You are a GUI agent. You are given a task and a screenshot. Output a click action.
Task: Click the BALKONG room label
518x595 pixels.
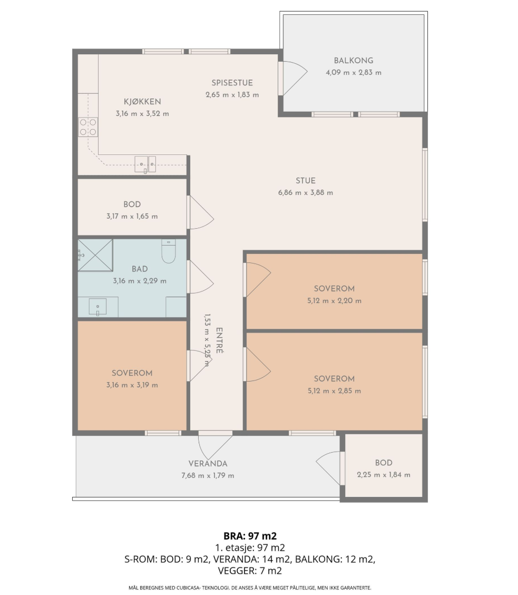pos(353,60)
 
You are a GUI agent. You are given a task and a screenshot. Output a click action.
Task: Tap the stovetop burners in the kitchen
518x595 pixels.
pos(88,127)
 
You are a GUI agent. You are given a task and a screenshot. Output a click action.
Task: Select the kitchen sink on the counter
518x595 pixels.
pos(145,164)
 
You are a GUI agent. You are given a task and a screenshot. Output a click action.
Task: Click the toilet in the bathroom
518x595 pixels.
pos(169,251)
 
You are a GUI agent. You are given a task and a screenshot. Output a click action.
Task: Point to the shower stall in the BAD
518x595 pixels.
pos(95,255)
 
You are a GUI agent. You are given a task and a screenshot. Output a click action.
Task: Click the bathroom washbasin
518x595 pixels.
pos(97,307)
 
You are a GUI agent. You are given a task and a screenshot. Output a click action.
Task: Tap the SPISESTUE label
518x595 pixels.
pos(232,83)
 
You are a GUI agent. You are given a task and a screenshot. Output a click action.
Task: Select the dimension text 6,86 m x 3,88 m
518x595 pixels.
pos(306,192)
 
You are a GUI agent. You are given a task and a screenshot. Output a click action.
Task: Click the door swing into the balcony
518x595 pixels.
pos(293,78)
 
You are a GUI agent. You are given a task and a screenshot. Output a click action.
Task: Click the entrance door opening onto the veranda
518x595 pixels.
pos(215,446)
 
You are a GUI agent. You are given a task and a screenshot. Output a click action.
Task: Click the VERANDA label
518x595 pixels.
pos(208,463)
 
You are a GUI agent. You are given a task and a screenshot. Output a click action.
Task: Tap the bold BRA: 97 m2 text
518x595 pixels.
pos(250,536)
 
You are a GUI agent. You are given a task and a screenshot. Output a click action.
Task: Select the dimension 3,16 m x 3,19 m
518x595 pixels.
pos(132,385)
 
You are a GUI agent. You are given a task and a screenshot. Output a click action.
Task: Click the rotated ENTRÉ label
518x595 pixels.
pos(219,340)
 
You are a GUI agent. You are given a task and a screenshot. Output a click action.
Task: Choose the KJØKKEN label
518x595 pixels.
pos(142,101)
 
